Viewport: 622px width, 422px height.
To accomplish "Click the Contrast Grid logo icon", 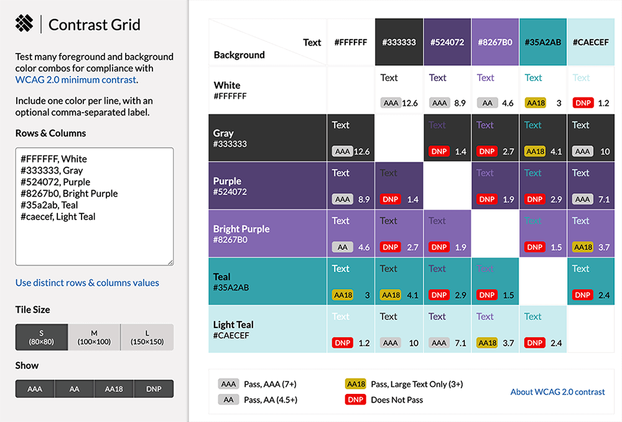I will [24, 24].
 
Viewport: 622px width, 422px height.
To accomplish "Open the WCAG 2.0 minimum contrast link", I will [75, 80].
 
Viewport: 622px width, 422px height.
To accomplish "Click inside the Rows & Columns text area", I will [94, 206].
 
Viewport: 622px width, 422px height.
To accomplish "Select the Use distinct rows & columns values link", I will [87, 283].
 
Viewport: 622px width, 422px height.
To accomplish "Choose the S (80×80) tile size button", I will [42, 337].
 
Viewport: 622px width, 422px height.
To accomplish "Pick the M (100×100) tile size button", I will [94, 337].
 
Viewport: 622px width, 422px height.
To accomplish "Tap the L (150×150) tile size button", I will [147, 337].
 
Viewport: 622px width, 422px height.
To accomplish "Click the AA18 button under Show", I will [114, 389].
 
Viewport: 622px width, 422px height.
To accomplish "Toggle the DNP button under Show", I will [154, 389].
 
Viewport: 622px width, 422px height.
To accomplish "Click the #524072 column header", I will [447, 42].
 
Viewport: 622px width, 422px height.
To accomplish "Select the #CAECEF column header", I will [591, 42].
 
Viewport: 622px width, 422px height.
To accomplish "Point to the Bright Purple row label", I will [241, 229].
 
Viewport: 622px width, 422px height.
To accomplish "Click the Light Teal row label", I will [233, 325].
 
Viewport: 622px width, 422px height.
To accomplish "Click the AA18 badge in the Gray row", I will [535, 151].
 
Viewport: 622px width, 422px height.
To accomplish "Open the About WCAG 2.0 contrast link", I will [557, 392].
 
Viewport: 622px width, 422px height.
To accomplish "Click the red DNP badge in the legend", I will [356, 400].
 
